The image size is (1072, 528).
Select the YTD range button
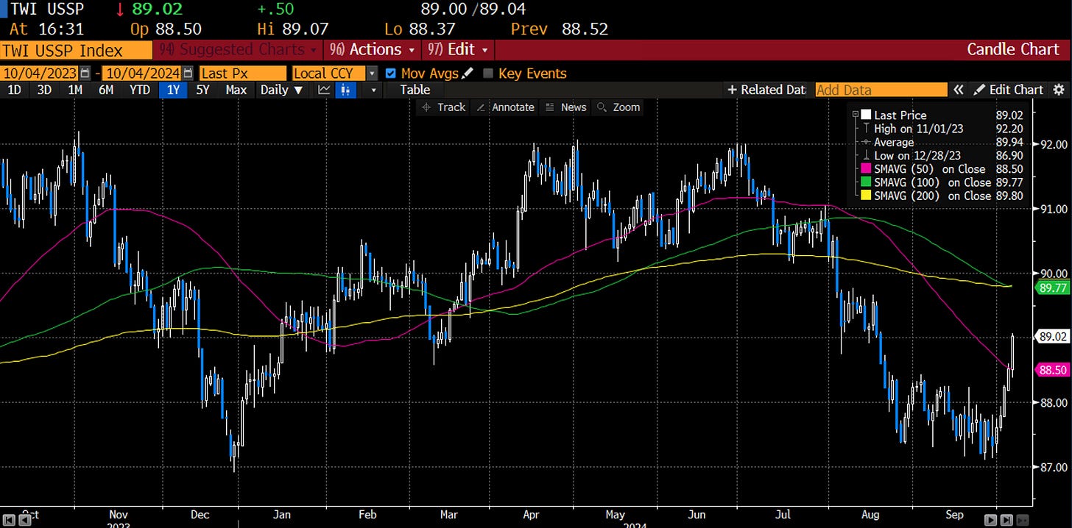(x=140, y=90)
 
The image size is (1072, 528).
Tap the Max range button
(x=236, y=90)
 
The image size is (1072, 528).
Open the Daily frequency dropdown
(x=281, y=90)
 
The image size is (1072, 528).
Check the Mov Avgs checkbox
(x=390, y=74)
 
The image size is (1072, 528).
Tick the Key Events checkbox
(x=487, y=74)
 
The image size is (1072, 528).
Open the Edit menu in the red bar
(x=456, y=50)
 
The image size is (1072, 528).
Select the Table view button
(x=415, y=90)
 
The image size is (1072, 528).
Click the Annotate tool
(x=506, y=107)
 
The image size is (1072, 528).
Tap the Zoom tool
(x=619, y=107)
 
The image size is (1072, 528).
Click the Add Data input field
(x=881, y=90)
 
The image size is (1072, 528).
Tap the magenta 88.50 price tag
(x=1052, y=370)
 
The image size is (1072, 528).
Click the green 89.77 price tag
(x=1052, y=288)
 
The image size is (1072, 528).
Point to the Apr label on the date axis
(x=531, y=514)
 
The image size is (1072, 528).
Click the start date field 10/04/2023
(x=40, y=74)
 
